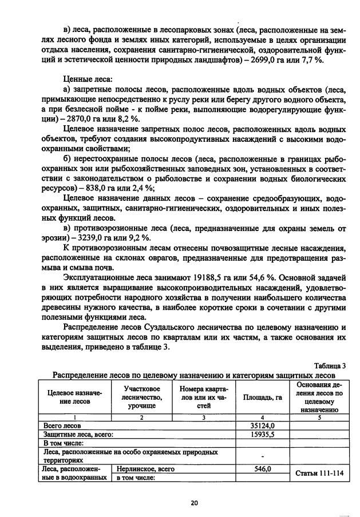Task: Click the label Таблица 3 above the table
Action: click(330, 366)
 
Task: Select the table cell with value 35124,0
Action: click(263, 425)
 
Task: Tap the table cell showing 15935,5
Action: click(263, 434)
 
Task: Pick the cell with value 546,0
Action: click(263, 469)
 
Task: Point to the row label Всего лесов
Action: click(63, 425)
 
